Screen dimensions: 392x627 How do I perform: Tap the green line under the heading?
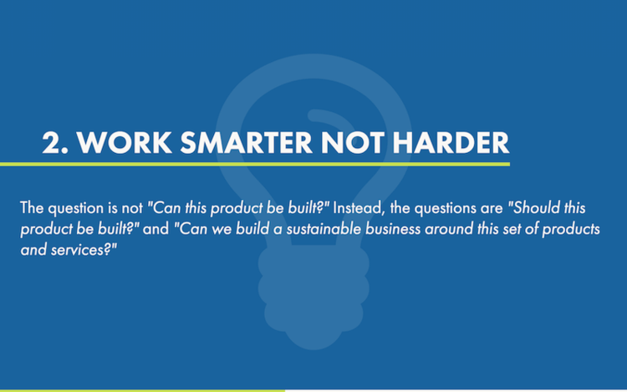251,164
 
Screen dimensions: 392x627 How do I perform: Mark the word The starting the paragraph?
31,208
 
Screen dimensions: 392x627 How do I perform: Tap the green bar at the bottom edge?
142,389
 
